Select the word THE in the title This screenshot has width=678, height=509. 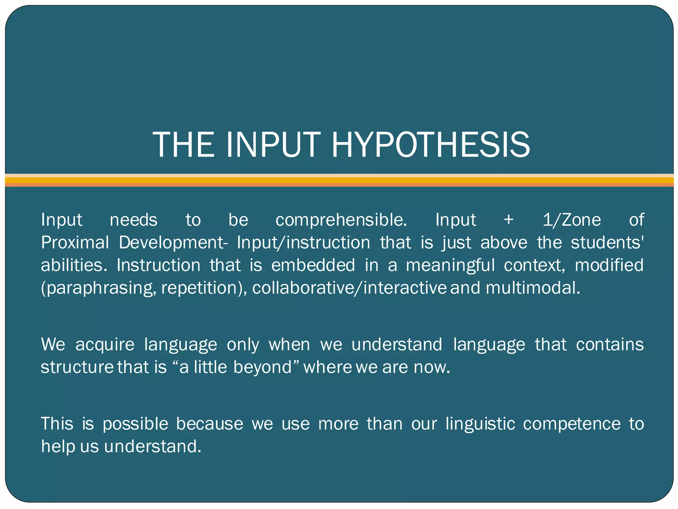(183, 145)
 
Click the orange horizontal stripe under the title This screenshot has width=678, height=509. (339, 180)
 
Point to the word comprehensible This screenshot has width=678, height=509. (341, 220)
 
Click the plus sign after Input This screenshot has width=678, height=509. (508, 220)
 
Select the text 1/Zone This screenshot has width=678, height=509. (572, 220)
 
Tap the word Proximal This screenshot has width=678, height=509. (75, 243)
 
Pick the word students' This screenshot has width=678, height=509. (607, 243)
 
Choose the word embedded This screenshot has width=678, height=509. (313, 265)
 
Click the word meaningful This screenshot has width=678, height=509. (450, 265)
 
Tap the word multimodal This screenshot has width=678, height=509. (533, 288)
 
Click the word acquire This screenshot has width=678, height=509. (105, 344)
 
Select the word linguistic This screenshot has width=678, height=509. (480, 424)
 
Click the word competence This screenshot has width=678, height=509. (572, 424)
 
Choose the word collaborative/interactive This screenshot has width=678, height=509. (349, 288)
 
